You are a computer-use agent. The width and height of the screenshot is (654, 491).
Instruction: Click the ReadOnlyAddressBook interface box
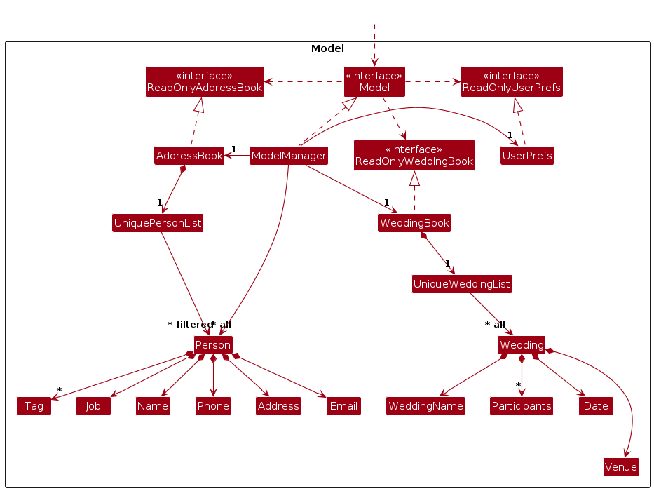(x=205, y=82)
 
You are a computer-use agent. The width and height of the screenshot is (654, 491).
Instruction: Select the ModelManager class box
(x=289, y=156)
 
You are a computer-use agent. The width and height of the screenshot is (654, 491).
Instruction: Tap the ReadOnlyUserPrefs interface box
(x=512, y=82)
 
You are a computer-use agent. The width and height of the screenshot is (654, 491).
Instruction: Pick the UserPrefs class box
(x=527, y=156)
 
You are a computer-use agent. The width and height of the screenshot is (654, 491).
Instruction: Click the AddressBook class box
(x=189, y=156)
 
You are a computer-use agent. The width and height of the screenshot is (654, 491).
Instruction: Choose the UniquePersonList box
(x=158, y=224)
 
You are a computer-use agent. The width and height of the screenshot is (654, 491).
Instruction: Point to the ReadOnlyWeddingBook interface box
(x=414, y=156)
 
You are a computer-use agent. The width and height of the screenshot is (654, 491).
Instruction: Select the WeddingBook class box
(x=414, y=224)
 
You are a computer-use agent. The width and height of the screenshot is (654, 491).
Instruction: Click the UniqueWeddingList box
(x=462, y=284)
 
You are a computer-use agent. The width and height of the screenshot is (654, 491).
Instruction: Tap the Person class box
(x=213, y=345)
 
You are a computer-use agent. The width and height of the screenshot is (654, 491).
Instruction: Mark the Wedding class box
(x=522, y=345)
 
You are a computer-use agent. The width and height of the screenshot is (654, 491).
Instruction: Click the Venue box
(x=621, y=467)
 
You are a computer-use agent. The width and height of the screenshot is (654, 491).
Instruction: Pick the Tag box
(x=34, y=406)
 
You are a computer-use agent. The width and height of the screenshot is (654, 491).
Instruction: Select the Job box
(x=93, y=406)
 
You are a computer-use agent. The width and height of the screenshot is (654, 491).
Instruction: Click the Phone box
(x=213, y=406)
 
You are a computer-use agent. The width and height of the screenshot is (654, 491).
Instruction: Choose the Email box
(x=343, y=406)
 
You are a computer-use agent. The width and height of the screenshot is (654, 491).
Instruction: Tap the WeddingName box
(x=425, y=406)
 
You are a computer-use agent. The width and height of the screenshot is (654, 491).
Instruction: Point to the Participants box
(x=522, y=406)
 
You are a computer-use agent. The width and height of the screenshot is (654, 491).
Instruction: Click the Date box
(x=596, y=406)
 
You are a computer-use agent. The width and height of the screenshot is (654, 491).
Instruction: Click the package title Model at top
(x=327, y=48)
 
